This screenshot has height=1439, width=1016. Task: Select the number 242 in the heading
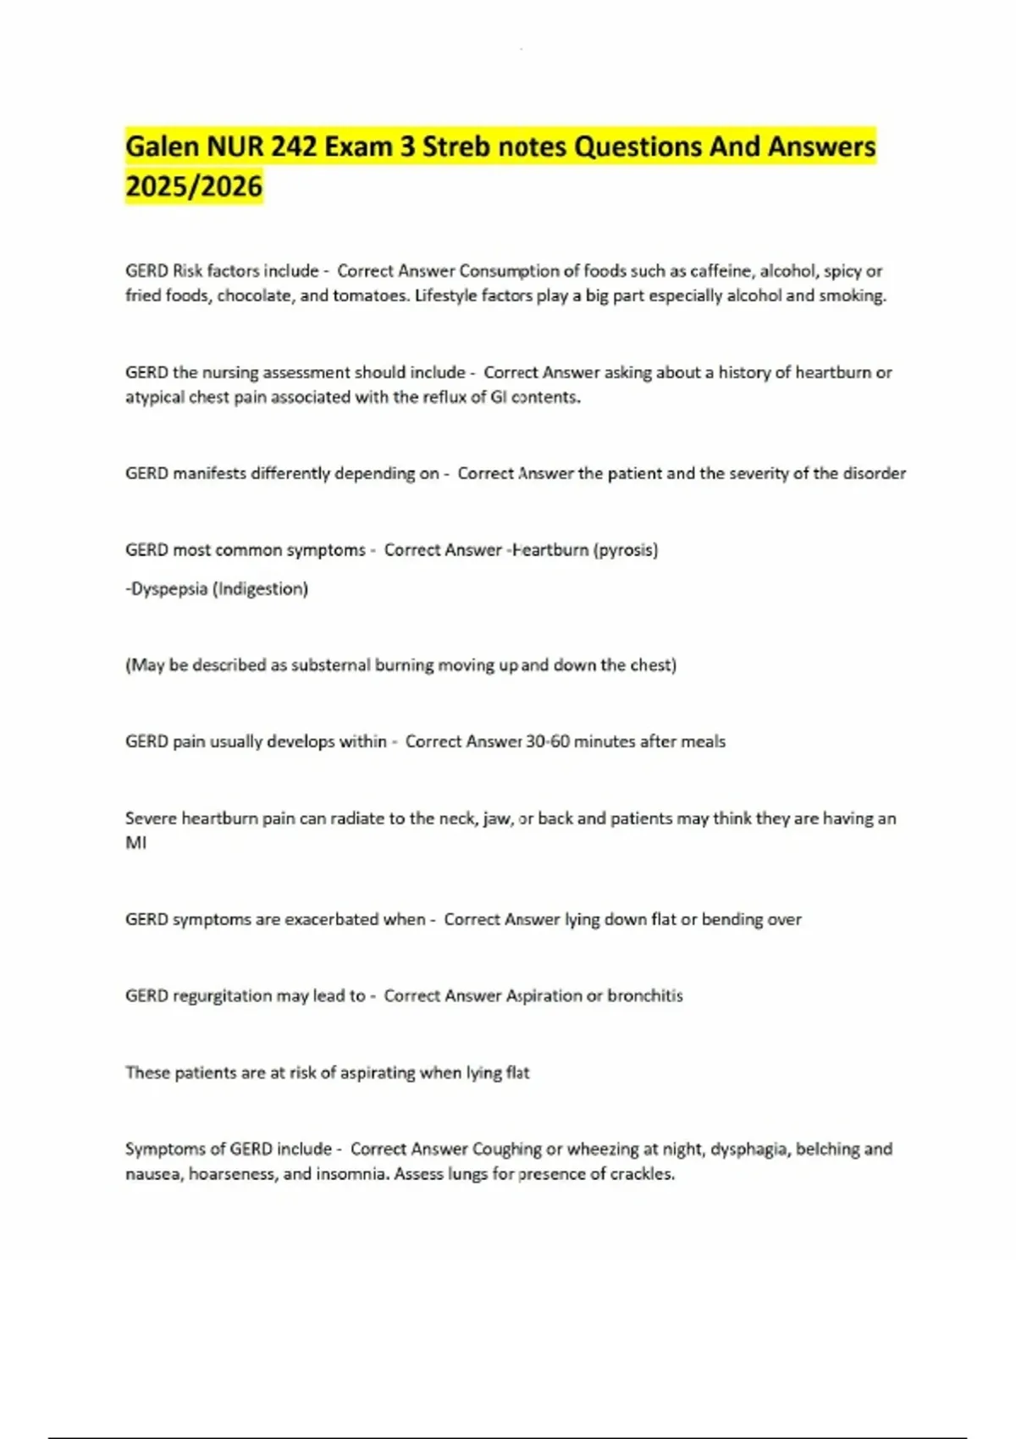pos(294,146)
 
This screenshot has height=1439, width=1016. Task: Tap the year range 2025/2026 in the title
pos(194,185)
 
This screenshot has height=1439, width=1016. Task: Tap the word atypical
pos(154,397)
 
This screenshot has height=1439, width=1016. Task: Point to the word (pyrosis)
pos(626,549)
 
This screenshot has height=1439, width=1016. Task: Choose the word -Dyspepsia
pos(166,588)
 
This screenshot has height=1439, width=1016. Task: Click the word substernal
pos(331,664)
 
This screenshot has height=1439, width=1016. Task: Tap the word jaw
pos(497,819)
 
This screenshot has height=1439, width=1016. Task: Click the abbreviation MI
pos(135,843)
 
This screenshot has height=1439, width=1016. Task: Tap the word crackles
pos(642,1174)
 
